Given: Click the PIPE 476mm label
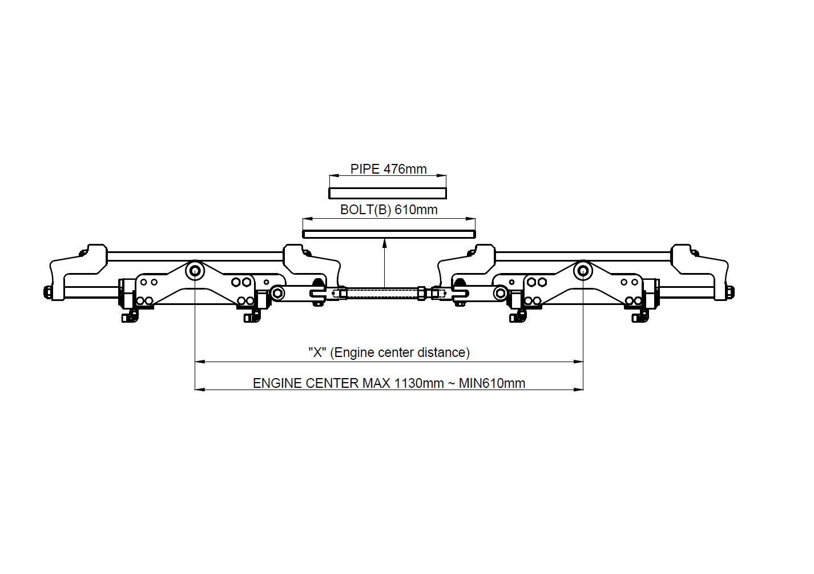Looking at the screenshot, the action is (388, 169).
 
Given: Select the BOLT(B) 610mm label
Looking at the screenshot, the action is (389, 210).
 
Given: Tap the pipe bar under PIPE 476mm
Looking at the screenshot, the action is (388, 194).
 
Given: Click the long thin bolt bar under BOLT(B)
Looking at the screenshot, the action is (389, 235).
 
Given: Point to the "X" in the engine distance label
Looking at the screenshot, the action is (317, 352).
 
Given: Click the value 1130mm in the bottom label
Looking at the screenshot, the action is (419, 383).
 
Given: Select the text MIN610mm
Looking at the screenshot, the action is (492, 383).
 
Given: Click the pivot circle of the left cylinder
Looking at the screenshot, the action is (195, 271).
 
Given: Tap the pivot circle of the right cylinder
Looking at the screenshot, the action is (583, 271).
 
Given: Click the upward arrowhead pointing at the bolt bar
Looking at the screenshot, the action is (385, 243).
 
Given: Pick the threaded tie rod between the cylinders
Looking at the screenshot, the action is (382, 293).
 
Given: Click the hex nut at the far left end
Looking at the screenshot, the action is (47, 292).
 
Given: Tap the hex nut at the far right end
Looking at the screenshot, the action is (731, 292).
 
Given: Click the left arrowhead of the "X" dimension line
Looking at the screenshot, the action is (200, 362).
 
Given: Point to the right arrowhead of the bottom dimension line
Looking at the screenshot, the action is (578, 390).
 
